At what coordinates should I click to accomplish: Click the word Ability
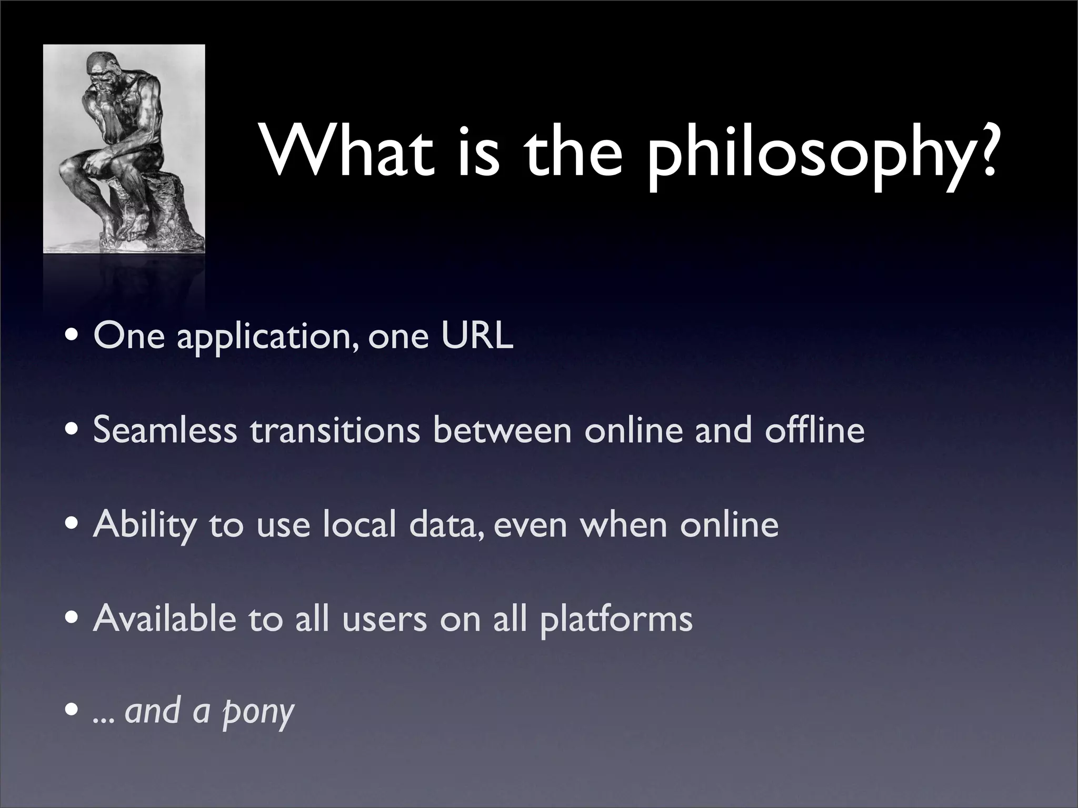[144, 525]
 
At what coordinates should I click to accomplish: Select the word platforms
[616, 620]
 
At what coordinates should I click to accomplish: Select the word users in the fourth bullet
[384, 620]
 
